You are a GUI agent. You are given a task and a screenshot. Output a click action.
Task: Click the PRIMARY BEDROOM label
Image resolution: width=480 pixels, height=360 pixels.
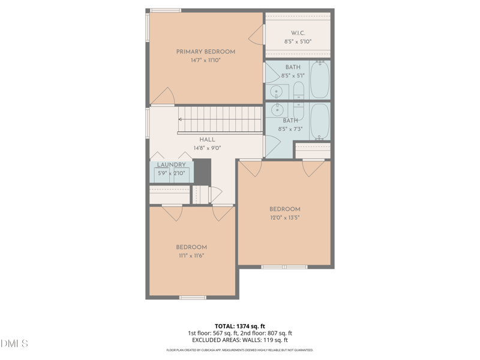[x=206, y=52]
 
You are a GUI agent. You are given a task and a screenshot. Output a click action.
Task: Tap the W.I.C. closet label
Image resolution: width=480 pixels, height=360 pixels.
[x=298, y=33]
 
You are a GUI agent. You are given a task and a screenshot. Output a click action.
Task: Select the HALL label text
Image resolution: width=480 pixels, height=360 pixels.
[x=207, y=140]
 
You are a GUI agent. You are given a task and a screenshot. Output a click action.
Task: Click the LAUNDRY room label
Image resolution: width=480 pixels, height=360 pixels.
[x=172, y=164]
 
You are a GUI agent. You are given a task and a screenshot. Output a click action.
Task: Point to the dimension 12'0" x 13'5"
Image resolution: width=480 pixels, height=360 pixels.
[x=284, y=218]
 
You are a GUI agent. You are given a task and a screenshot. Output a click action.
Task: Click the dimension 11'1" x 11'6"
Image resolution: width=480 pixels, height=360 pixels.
[x=191, y=256]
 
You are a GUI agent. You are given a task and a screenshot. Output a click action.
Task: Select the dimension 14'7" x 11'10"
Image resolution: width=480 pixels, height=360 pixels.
[x=206, y=60]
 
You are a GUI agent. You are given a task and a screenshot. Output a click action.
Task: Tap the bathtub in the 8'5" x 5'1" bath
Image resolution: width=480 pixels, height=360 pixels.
[x=320, y=80]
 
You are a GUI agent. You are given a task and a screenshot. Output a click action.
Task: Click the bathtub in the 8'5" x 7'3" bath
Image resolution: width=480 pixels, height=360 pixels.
[x=320, y=122]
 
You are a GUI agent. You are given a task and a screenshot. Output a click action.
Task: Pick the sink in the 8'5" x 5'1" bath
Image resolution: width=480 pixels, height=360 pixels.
[x=277, y=92]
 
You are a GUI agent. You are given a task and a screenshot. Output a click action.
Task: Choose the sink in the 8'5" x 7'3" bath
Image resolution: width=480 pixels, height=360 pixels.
[x=278, y=109]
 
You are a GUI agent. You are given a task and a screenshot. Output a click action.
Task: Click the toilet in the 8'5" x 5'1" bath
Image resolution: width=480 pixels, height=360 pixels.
[x=299, y=91]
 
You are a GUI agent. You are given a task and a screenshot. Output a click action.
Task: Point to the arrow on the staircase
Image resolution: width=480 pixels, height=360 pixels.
[x=181, y=119]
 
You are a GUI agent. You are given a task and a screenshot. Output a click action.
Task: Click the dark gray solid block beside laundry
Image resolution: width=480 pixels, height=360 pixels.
[x=202, y=172]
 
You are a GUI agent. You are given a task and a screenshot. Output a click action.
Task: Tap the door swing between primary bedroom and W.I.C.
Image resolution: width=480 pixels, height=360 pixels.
[x=256, y=35]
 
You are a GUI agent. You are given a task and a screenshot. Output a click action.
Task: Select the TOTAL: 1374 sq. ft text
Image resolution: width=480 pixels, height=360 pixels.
[x=240, y=326]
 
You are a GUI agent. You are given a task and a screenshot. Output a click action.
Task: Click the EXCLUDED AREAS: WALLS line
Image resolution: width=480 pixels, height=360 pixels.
[x=240, y=340]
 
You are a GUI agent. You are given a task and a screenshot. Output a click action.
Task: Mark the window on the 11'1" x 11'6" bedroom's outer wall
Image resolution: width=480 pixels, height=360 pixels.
[x=193, y=297]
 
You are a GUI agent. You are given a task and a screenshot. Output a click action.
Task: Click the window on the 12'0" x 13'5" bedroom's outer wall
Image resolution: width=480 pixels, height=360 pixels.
[x=284, y=267]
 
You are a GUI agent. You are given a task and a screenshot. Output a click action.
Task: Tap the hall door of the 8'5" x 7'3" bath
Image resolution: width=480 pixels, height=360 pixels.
[x=272, y=146]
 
